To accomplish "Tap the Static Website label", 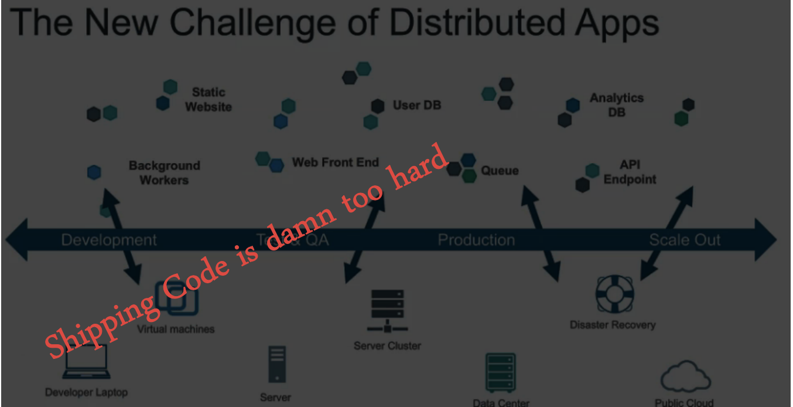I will click(x=208, y=100).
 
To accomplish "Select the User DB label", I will click(x=417, y=106).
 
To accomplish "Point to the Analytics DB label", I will click(x=616, y=105).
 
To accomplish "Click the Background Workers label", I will click(x=164, y=173).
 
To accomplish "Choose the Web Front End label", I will click(x=336, y=162).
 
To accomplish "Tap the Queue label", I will click(x=500, y=171).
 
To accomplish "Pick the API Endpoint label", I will click(x=630, y=173).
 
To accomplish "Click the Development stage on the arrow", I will click(x=109, y=240).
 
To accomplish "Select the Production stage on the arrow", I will click(x=476, y=240).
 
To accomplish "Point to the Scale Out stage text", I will click(x=685, y=240).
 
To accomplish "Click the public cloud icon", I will click(x=685, y=377).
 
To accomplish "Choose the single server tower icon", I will click(x=276, y=364).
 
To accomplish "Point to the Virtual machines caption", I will click(x=176, y=329).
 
